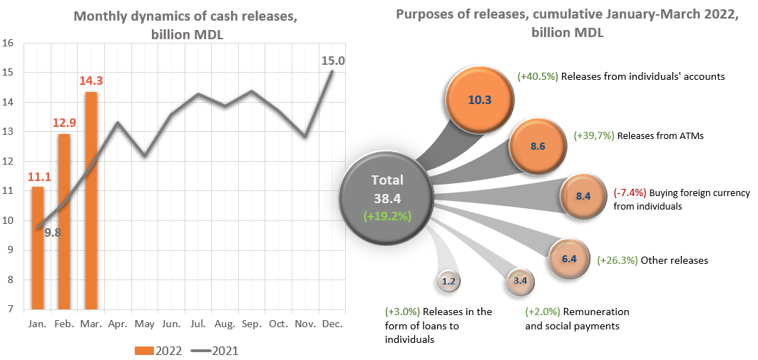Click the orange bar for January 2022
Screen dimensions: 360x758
[38, 248]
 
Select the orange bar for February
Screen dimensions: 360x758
[64, 222]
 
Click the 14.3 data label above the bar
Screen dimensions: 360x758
[91, 80]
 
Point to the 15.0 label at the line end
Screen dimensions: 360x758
[333, 61]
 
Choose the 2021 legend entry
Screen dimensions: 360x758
[214, 350]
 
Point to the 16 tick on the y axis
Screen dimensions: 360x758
[9, 43]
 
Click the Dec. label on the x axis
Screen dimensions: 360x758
[332, 324]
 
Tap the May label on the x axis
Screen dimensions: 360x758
[145, 324]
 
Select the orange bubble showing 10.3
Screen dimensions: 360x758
[479, 100]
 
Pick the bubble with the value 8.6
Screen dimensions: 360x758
[538, 146]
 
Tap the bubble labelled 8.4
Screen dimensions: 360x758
[583, 196]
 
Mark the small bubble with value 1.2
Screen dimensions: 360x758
[449, 282]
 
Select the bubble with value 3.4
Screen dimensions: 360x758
[520, 281]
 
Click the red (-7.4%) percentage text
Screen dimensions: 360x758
[630, 193]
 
